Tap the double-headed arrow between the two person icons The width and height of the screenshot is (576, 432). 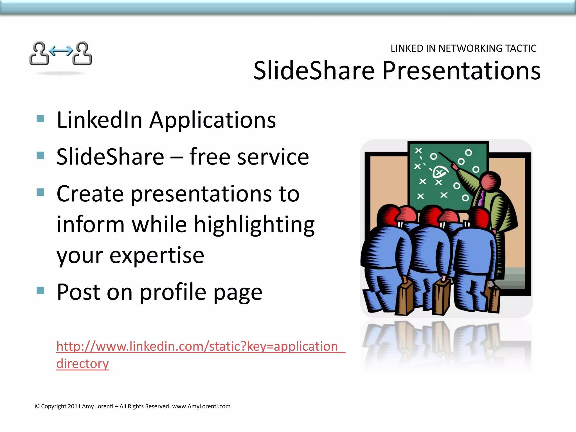point(61,51)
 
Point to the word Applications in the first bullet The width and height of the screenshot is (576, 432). point(213,120)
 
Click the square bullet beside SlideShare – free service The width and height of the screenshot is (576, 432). point(40,155)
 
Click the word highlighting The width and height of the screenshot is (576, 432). point(254,225)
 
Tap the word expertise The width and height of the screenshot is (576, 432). point(157,256)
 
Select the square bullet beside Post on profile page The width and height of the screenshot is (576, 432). point(40,290)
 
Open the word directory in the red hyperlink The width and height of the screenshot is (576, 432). point(82,363)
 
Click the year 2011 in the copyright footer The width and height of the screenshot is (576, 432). point(74,406)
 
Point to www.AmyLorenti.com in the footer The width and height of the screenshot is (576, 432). point(201,406)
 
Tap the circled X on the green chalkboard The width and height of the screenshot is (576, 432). point(439,172)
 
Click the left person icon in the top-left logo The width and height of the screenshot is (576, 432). point(39,53)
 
